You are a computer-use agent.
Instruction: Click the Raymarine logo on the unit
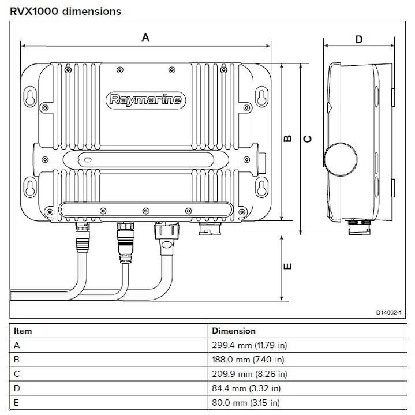tap(145, 100)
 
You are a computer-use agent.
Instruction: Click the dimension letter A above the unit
tap(145, 38)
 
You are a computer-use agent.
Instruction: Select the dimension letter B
tap(289, 139)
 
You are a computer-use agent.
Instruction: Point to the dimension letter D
tap(358, 39)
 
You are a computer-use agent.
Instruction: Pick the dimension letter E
tap(289, 266)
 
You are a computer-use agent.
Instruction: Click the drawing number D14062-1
tap(388, 312)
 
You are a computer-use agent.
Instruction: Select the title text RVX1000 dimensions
tap(65, 11)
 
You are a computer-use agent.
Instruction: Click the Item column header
tap(23, 331)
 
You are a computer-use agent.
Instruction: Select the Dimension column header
tap(233, 331)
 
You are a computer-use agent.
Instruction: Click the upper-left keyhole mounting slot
tap(30, 95)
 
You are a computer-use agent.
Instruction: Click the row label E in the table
tap(16, 403)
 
